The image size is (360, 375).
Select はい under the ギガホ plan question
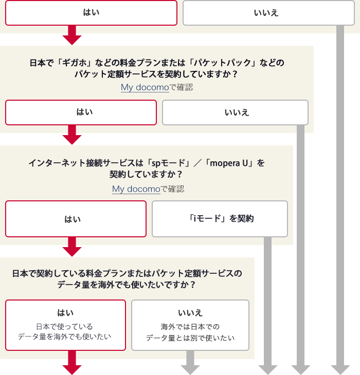click(x=81, y=112)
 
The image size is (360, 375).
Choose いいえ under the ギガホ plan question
click(x=235, y=112)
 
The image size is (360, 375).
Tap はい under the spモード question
click(x=76, y=219)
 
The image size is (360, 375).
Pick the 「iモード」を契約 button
click(x=220, y=219)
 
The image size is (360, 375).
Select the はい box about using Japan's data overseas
click(x=65, y=325)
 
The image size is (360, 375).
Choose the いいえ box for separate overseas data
click(x=190, y=325)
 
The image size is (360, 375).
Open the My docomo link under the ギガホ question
click(x=145, y=87)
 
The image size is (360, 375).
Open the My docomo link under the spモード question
click(x=136, y=189)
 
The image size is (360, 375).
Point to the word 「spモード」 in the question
click(x=166, y=163)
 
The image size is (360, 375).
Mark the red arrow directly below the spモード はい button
click(x=72, y=248)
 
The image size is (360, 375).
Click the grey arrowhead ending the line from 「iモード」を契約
click(x=267, y=369)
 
